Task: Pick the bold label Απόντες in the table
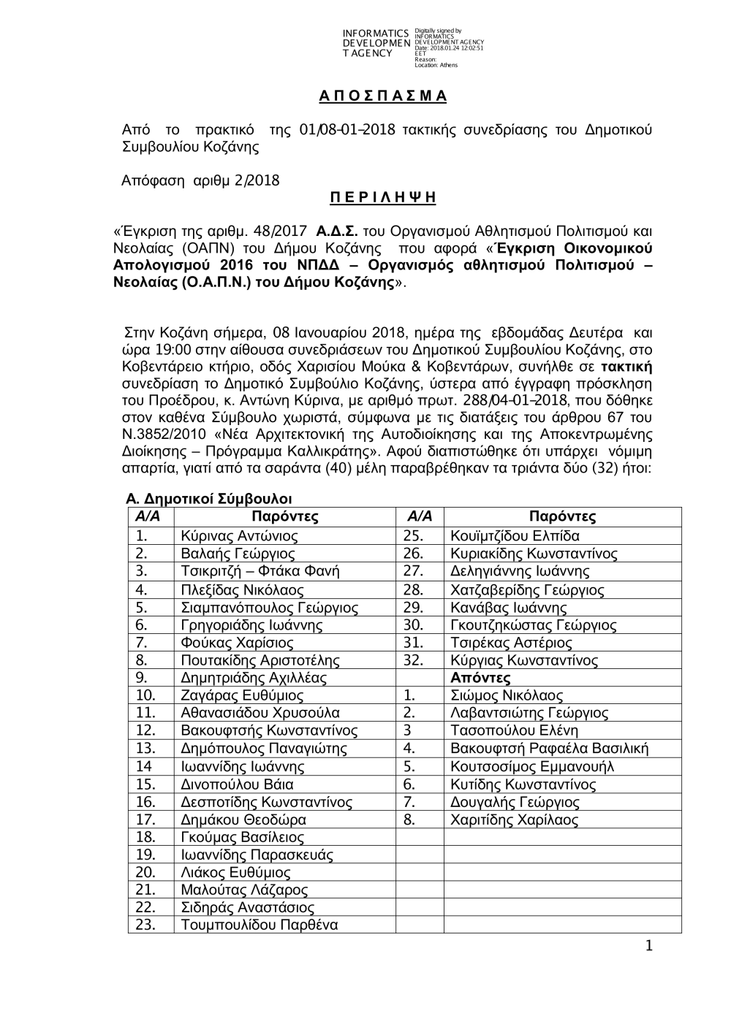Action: [480, 678]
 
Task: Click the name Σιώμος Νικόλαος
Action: [507, 695]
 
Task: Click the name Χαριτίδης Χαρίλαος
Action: [514, 819]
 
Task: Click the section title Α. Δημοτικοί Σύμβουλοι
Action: [209, 500]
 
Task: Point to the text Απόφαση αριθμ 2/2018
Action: [200, 180]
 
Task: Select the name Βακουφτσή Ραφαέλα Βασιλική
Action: [549, 749]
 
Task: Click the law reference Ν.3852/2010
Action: [157, 435]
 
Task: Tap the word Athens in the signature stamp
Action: [448, 66]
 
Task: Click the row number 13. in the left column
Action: [147, 749]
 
